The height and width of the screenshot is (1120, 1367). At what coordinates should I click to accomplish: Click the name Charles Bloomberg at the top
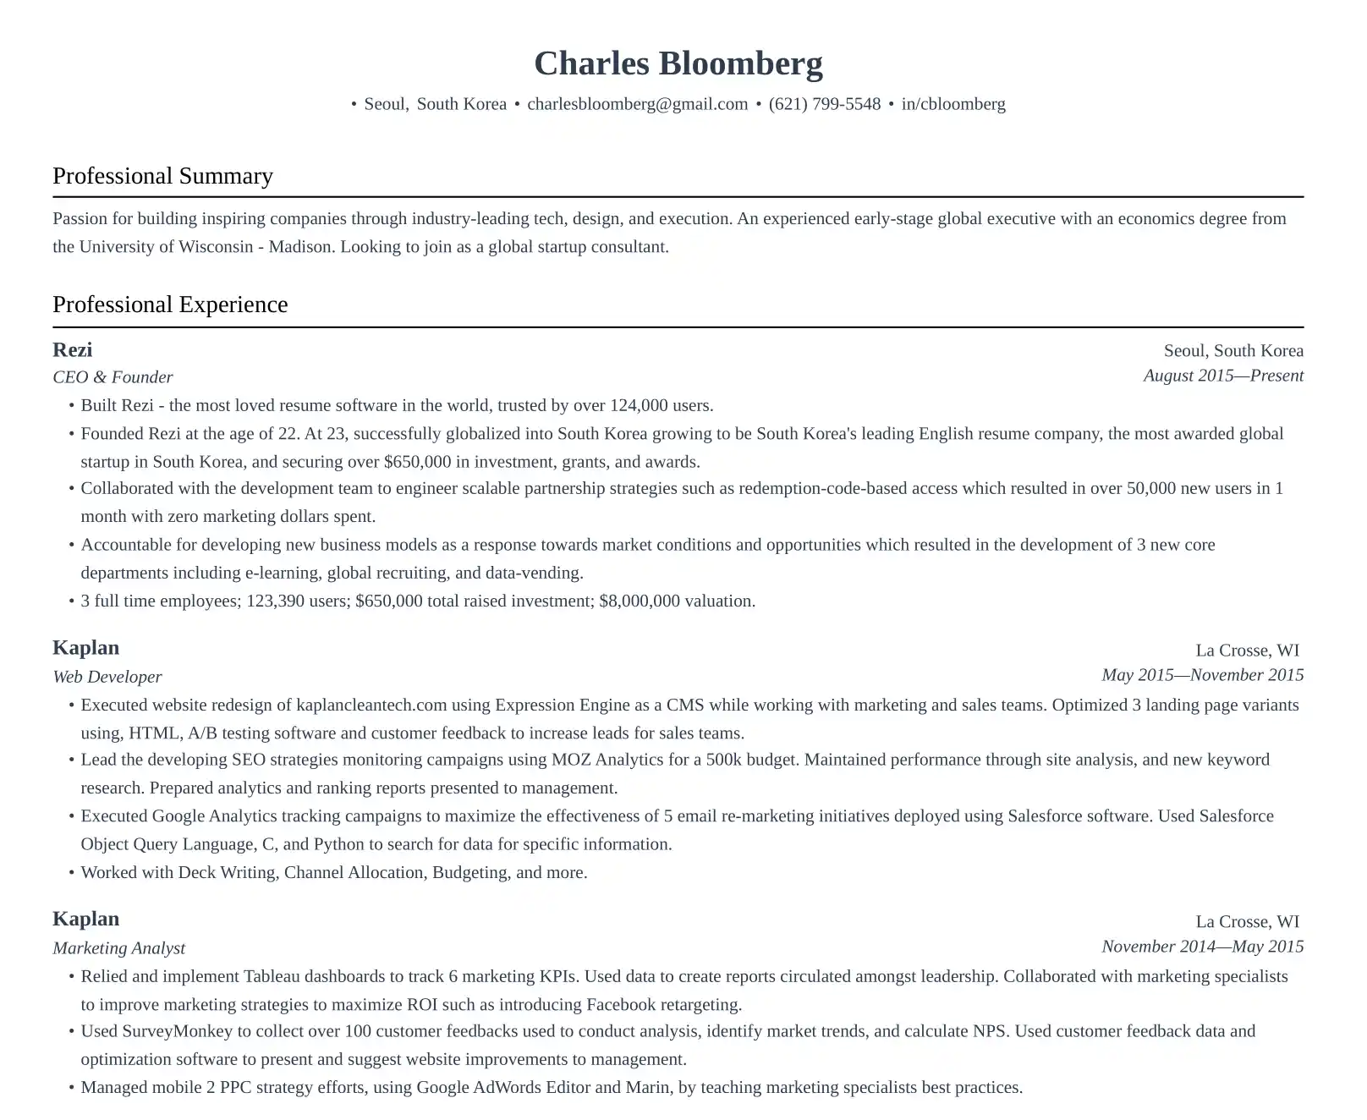click(x=678, y=64)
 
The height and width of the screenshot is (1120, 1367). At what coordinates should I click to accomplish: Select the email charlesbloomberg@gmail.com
click(x=637, y=104)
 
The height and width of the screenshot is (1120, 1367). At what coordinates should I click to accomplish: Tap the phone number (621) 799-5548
click(x=824, y=104)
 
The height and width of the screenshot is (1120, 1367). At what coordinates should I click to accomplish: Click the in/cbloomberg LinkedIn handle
click(x=953, y=104)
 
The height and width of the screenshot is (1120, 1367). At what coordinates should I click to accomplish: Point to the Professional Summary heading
click(x=162, y=176)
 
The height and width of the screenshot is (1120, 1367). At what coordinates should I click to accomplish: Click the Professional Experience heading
click(x=170, y=305)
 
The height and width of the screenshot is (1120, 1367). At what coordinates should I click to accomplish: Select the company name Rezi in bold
click(x=72, y=350)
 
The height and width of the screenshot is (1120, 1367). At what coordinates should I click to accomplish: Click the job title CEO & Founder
click(x=113, y=377)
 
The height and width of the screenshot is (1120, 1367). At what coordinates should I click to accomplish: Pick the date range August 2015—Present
click(x=1222, y=376)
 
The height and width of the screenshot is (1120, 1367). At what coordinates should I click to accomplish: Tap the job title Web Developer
click(x=107, y=677)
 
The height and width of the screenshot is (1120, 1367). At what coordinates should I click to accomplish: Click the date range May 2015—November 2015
click(x=1201, y=675)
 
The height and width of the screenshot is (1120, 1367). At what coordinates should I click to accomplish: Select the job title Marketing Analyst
click(x=118, y=948)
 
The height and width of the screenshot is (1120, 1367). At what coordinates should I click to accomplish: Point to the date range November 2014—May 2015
click(x=1201, y=947)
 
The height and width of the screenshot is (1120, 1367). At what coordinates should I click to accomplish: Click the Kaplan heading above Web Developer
click(x=85, y=648)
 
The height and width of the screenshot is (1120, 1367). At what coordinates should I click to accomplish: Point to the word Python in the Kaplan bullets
click(x=338, y=844)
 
